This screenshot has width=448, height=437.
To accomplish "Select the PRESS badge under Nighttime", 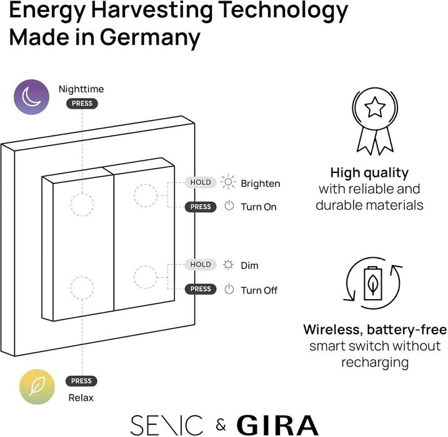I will [x=82, y=104].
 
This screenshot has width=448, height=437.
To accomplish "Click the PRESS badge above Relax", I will [x=81, y=381].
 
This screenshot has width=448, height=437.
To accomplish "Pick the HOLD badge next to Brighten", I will [x=201, y=182].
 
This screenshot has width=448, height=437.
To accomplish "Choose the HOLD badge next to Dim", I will [x=201, y=265].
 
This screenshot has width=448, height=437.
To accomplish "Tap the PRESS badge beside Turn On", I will [x=201, y=207].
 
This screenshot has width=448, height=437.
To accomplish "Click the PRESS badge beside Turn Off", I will [x=201, y=289].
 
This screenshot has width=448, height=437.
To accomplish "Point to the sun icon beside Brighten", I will [x=229, y=183].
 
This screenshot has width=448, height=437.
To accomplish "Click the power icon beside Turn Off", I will [x=229, y=290].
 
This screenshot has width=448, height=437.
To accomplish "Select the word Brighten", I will [x=261, y=184].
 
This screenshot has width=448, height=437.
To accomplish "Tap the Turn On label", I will [x=259, y=207].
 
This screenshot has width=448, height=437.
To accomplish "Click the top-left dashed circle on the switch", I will [x=81, y=204].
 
